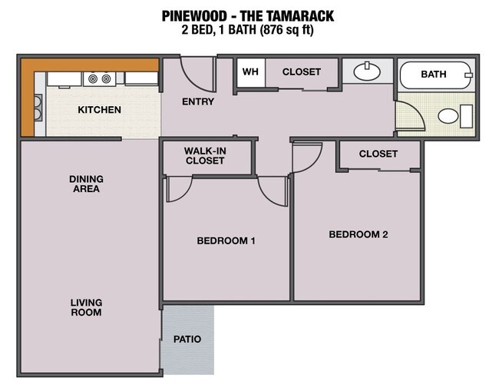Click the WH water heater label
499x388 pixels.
[249, 72]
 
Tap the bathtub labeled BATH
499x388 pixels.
[435, 75]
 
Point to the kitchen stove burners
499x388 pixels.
[100, 78]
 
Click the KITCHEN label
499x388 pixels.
[99, 110]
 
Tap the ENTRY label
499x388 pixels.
[197, 102]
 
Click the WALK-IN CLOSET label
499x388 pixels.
[204, 156]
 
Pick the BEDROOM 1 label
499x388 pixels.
[226, 241]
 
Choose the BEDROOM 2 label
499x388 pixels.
[358, 234]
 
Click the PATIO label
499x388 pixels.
[187, 339]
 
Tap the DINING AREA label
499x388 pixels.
[85, 184]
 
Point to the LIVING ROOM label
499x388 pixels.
[86, 307]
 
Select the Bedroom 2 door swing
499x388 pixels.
[306, 157]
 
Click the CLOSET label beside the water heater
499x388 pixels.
[301, 72]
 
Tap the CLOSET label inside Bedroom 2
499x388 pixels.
[378, 154]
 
